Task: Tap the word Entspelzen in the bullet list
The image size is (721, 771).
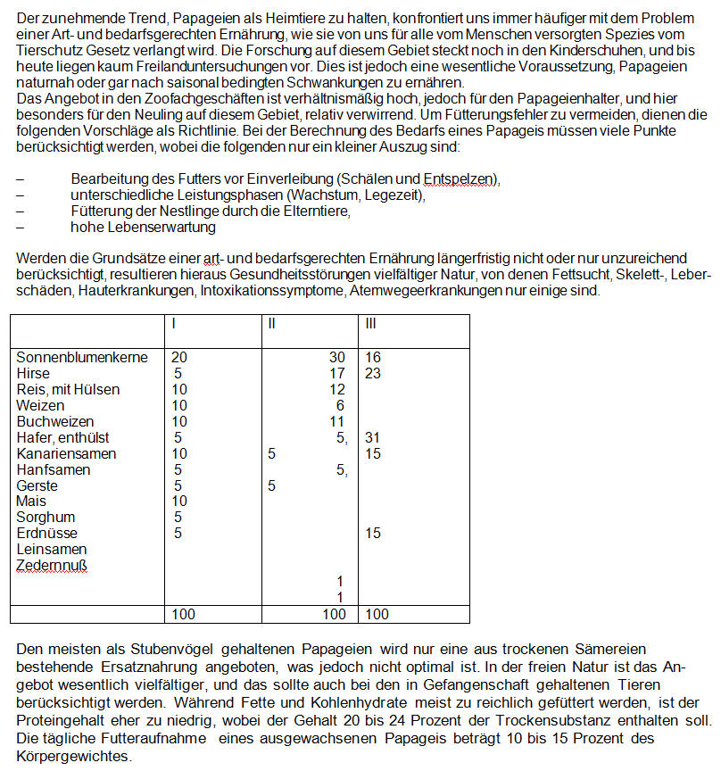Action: click(460, 179)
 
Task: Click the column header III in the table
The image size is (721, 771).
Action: click(372, 322)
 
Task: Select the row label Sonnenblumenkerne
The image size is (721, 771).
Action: click(82, 357)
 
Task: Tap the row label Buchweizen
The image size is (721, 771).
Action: click(55, 421)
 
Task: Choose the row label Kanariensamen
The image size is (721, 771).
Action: click(67, 453)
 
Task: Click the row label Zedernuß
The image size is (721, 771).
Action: click(52, 566)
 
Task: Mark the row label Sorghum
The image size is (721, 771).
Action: click(46, 518)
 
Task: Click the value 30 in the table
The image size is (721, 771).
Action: click(337, 357)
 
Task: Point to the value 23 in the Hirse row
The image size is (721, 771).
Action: click(373, 373)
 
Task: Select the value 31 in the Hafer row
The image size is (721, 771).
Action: click(373, 437)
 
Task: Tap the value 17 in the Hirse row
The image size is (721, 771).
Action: click(337, 373)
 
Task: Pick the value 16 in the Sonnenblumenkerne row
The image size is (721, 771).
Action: click(373, 357)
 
